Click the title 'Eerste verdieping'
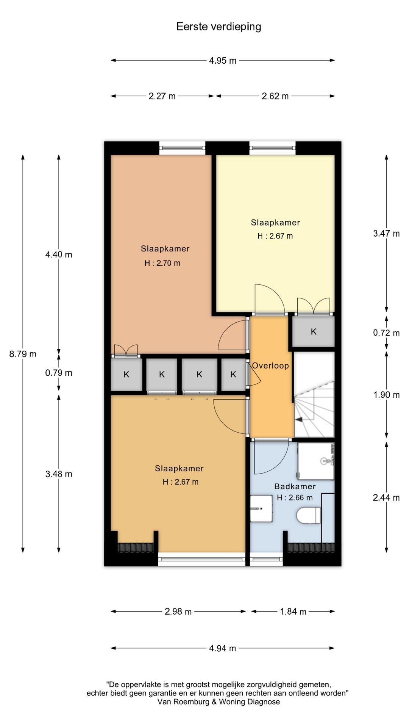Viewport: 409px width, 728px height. [x=219, y=27]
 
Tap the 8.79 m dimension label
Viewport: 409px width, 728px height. [x=23, y=354]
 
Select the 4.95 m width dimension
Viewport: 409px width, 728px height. [x=223, y=60]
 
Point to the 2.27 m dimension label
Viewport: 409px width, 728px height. [x=162, y=96]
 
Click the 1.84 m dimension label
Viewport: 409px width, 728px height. [x=293, y=611]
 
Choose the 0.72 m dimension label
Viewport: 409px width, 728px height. [x=386, y=333]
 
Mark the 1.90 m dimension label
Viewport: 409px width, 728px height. [x=386, y=395]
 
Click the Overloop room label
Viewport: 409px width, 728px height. [x=270, y=366]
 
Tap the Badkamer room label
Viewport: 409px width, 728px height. [x=295, y=486]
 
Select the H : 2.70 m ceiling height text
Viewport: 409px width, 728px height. [x=162, y=263]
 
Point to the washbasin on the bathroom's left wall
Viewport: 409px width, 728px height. [x=261, y=508]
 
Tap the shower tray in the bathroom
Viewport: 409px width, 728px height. [x=316, y=461]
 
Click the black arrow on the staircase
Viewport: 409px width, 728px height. [x=299, y=419]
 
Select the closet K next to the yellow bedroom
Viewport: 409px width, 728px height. [x=313, y=332]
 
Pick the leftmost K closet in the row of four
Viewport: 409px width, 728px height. [x=126, y=375]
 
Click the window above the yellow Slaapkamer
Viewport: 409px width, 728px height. [x=272, y=148]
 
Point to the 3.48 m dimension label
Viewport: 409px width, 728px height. [x=59, y=474]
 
